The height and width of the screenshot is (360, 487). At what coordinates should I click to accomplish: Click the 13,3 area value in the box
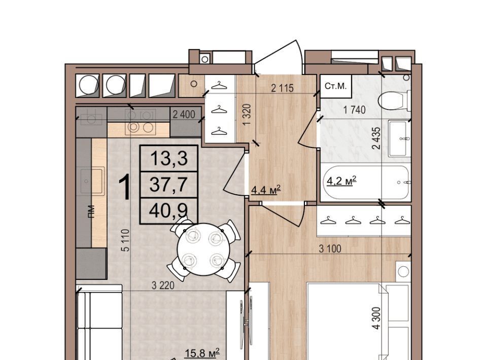click(169, 158)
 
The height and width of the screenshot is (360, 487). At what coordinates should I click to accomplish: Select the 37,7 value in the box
click(168, 185)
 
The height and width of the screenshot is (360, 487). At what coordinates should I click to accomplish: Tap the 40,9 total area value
click(168, 211)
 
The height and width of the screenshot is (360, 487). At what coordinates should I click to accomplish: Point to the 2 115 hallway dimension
click(282, 88)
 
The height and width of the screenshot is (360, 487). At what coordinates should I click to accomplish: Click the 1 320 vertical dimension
click(247, 115)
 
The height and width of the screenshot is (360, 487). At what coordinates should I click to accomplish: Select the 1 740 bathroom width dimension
click(354, 110)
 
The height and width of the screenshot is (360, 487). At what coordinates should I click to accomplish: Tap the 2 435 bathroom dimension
click(376, 138)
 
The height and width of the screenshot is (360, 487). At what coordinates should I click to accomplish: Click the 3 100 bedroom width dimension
click(330, 248)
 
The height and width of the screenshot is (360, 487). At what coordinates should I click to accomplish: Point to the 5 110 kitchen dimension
click(125, 240)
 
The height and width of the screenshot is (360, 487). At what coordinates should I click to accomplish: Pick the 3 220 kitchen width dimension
click(163, 285)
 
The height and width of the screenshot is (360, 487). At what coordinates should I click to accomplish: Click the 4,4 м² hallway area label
click(266, 190)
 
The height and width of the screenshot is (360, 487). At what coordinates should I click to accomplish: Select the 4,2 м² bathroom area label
click(341, 181)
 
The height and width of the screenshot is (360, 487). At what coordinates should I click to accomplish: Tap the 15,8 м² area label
click(202, 353)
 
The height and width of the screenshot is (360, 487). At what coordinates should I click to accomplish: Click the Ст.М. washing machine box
click(336, 86)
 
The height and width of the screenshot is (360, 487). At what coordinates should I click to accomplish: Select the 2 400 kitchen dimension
click(184, 115)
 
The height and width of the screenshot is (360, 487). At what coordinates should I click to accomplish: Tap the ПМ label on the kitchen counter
click(91, 211)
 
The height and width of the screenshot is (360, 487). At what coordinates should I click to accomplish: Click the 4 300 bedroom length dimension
click(376, 318)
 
